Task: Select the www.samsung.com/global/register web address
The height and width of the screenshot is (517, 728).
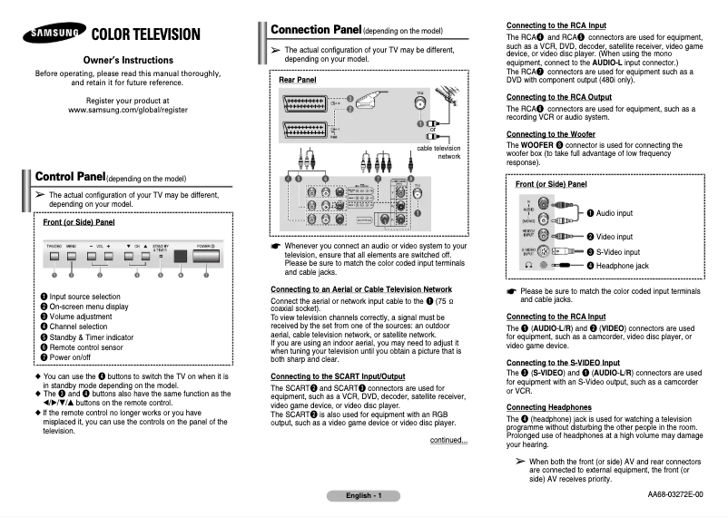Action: (128, 109)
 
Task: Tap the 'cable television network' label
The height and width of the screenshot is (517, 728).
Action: (438, 151)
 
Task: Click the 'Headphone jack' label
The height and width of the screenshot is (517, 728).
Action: (616, 266)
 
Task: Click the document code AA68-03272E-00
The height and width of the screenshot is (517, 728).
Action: (674, 495)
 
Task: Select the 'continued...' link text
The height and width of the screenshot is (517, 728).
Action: (448, 441)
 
